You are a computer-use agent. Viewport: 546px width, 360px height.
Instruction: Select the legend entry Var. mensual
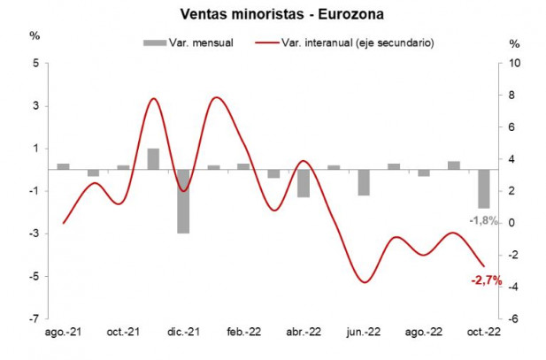pos(190,42)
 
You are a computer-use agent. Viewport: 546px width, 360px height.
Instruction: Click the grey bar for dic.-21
pos(183,201)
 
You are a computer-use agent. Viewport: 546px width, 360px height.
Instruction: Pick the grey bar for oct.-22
pos(484,188)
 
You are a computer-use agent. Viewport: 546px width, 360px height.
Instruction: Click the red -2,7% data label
pos(486,280)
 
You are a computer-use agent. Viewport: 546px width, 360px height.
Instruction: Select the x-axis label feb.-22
pos(242,332)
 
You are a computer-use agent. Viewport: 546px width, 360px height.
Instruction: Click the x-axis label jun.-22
pos(363,332)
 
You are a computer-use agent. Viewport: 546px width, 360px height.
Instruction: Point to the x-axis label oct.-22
pos(483,332)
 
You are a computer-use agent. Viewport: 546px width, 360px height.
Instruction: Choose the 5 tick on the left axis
pos(35,64)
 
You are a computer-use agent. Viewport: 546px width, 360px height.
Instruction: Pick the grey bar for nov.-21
pos(153,158)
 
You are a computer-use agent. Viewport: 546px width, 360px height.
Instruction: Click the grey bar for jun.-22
pos(364,182)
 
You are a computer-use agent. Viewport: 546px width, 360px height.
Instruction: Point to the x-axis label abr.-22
pos(303,332)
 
